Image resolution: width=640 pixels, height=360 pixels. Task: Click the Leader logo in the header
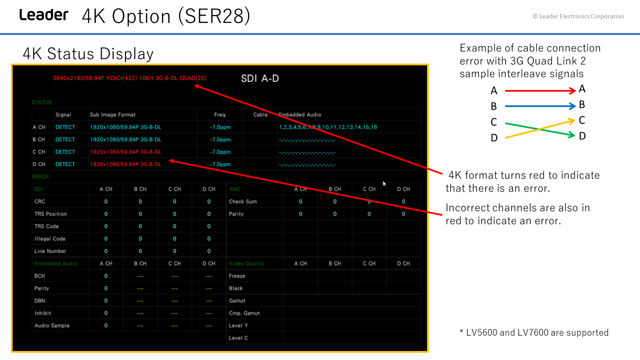tap(44, 15)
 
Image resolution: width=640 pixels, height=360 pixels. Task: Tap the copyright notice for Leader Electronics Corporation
tap(578, 16)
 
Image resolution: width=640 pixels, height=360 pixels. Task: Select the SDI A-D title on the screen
tap(260, 78)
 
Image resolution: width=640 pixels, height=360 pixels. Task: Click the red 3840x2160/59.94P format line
tap(130, 78)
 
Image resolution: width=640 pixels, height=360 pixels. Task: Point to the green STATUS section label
tap(42, 102)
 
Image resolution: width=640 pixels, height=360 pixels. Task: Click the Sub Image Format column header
tap(113, 115)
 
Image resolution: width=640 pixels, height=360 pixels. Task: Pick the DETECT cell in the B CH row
tap(65, 139)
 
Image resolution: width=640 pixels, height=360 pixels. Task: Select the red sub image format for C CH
tap(126, 152)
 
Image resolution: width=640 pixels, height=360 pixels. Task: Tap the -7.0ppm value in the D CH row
tap(220, 164)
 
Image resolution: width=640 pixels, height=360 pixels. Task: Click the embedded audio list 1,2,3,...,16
tap(328, 127)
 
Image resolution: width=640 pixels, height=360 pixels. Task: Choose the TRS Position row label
tap(51, 214)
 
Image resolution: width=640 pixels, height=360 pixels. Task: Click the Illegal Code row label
tap(50, 239)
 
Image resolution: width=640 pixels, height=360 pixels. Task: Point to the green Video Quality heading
tap(246, 263)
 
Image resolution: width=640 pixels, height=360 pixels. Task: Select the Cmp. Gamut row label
tap(244, 313)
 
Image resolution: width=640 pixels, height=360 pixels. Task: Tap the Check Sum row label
tap(243, 201)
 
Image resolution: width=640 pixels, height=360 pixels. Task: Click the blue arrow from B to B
tap(540, 106)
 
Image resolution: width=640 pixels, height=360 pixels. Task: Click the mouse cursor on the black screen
tap(384, 184)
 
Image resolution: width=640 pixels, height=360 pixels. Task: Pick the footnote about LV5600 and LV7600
tap(534, 333)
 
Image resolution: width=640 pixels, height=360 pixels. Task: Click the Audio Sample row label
tap(52, 325)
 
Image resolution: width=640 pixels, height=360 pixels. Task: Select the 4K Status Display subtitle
tap(88, 54)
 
